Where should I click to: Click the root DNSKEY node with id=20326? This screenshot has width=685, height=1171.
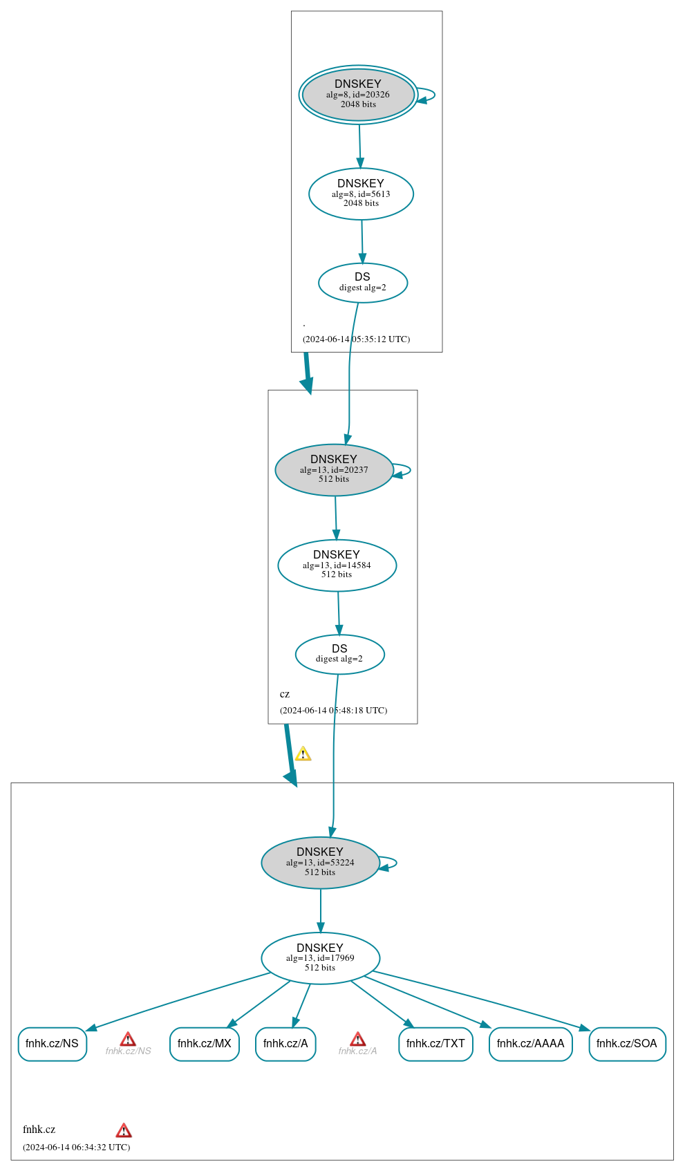(x=358, y=95)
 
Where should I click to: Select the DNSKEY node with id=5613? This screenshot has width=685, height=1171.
(x=361, y=194)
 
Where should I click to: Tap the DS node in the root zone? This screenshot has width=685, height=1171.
(x=363, y=283)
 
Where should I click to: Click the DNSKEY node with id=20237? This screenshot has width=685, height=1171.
(x=334, y=470)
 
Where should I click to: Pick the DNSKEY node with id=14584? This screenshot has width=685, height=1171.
(x=337, y=565)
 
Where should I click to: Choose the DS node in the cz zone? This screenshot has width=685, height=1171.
(x=339, y=654)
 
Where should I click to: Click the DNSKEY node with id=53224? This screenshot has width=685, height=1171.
(x=320, y=863)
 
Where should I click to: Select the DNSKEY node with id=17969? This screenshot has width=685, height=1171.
(x=320, y=958)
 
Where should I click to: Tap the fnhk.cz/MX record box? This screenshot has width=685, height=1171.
(x=204, y=1044)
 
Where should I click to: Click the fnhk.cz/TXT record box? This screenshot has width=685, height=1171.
(x=435, y=1044)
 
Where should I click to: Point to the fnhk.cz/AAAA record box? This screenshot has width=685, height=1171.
(x=530, y=1044)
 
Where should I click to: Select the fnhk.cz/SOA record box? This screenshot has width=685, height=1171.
(x=627, y=1044)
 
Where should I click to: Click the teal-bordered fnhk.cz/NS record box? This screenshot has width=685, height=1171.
(x=52, y=1044)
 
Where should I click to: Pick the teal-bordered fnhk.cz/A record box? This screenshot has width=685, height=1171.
(x=285, y=1044)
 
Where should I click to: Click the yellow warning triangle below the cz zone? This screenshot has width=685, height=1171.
(x=303, y=754)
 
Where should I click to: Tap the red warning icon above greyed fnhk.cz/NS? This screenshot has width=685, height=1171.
(x=128, y=1039)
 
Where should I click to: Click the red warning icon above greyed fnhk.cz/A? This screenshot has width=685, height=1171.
(x=357, y=1039)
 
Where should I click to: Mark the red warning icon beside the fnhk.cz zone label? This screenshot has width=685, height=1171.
(x=124, y=1130)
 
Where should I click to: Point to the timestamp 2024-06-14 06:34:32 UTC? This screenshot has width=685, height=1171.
(x=76, y=1147)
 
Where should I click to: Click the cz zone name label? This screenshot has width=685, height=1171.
(x=285, y=694)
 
